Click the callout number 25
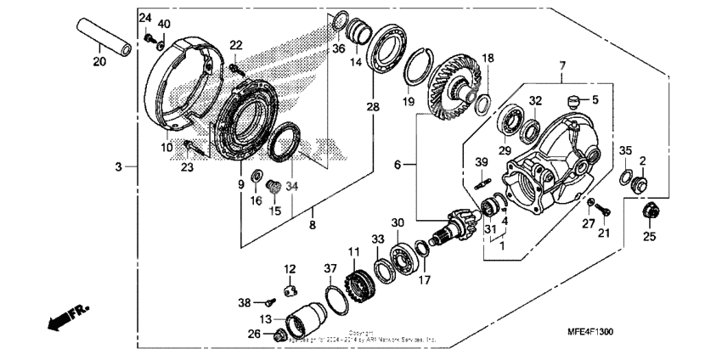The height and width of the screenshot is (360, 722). click(x=649, y=237)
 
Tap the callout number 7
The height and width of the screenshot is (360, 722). click(x=561, y=65)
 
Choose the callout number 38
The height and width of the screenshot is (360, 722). click(x=245, y=301)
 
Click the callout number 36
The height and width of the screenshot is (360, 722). click(x=338, y=48)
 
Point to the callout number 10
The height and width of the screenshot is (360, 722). click(x=167, y=147)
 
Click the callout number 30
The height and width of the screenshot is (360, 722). click(x=397, y=223)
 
